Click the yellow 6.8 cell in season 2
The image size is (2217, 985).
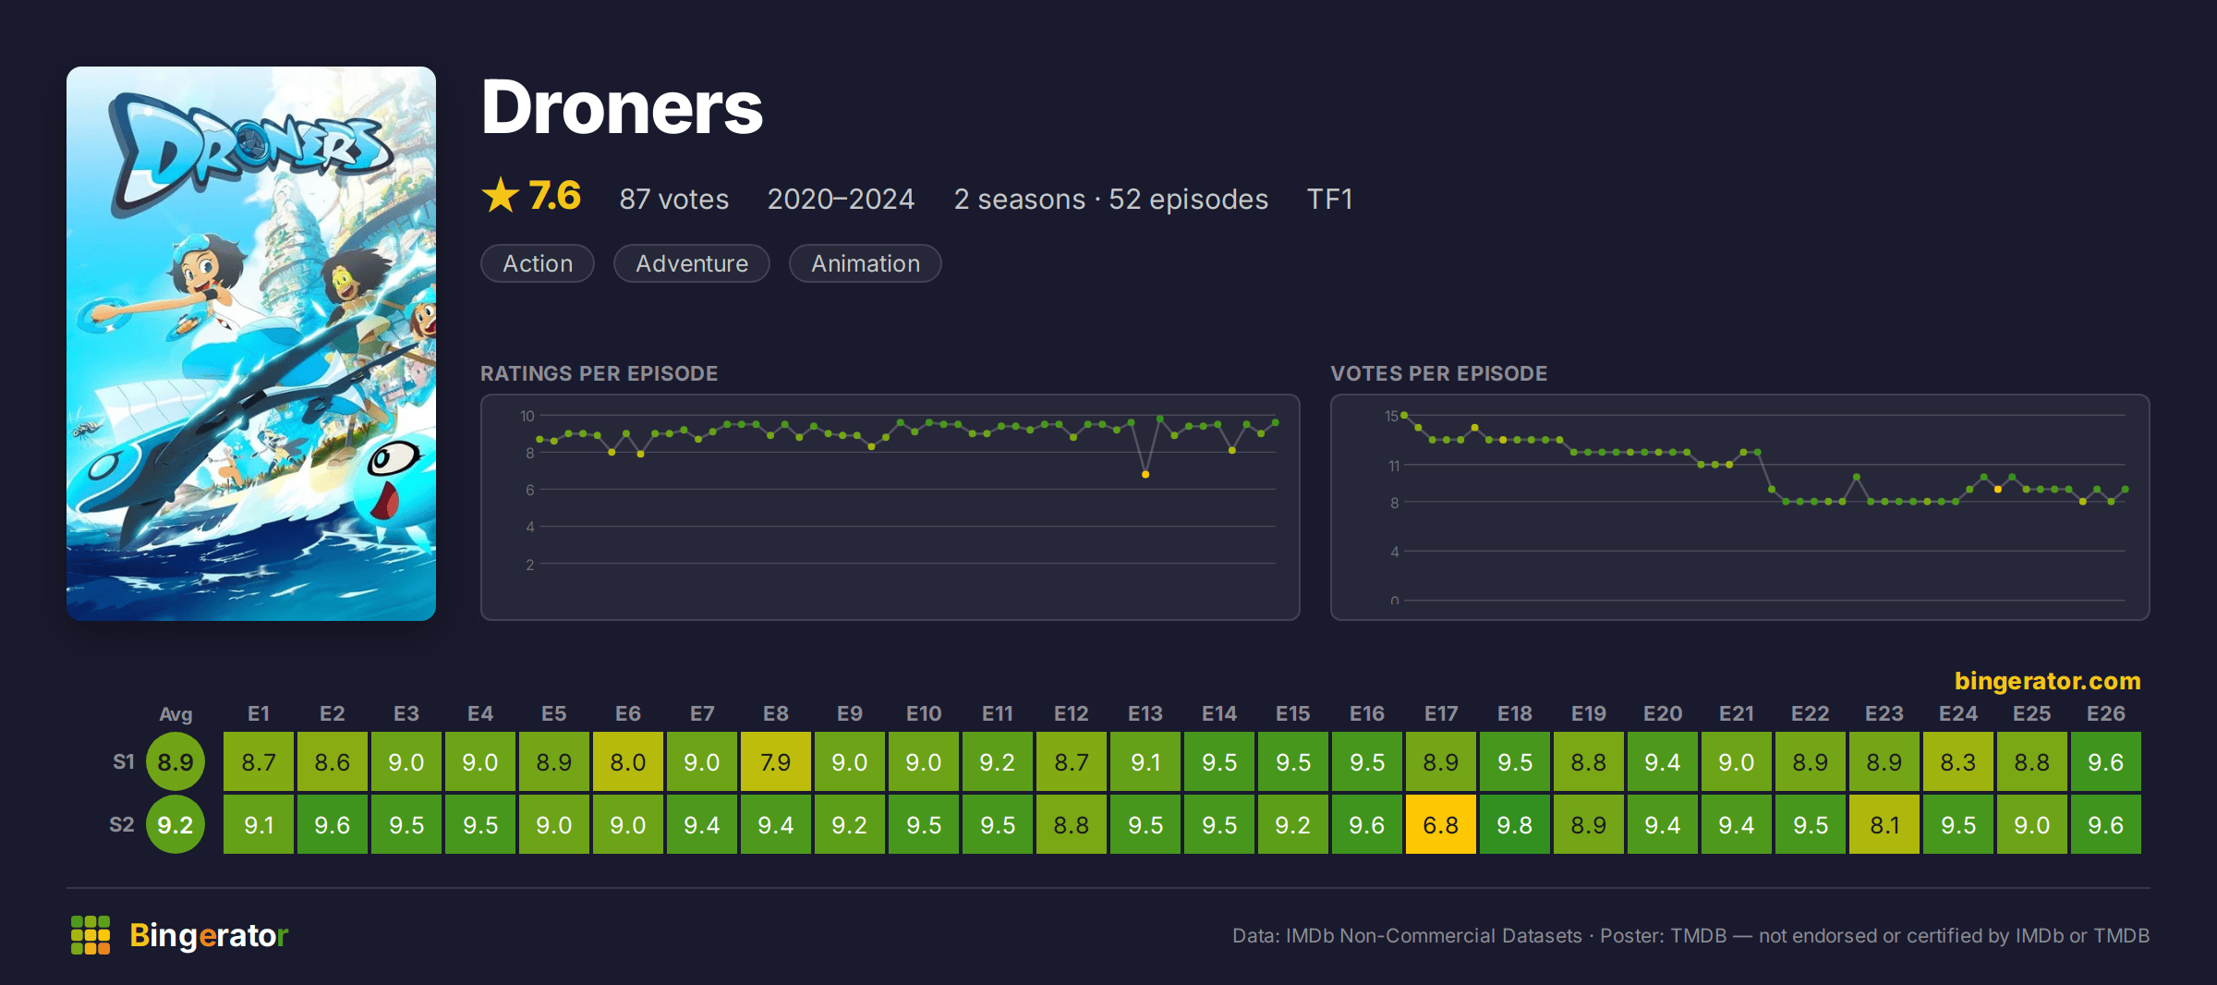[1440, 824]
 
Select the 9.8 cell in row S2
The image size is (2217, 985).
[1514, 824]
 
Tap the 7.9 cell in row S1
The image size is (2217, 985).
[775, 761]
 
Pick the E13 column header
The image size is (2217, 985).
[1145, 713]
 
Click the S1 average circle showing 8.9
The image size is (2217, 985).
[176, 761]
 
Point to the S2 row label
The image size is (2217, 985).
[122, 824]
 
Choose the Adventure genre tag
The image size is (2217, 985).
[692, 263]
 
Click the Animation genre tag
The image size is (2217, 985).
[866, 263]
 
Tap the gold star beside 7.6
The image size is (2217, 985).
[501, 195]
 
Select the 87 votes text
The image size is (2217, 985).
[674, 199]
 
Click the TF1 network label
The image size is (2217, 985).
[1329, 199]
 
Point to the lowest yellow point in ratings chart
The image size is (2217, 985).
[1145, 474]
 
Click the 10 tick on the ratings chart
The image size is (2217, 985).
[527, 416]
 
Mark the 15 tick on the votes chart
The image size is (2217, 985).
[1391, 416]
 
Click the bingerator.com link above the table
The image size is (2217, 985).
[2047, 681]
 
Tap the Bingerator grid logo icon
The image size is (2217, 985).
[91, 935]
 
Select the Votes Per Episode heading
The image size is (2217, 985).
[1438, 373]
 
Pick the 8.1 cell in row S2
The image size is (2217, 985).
[1884, 824]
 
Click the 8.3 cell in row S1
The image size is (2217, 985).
[1957, 761]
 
